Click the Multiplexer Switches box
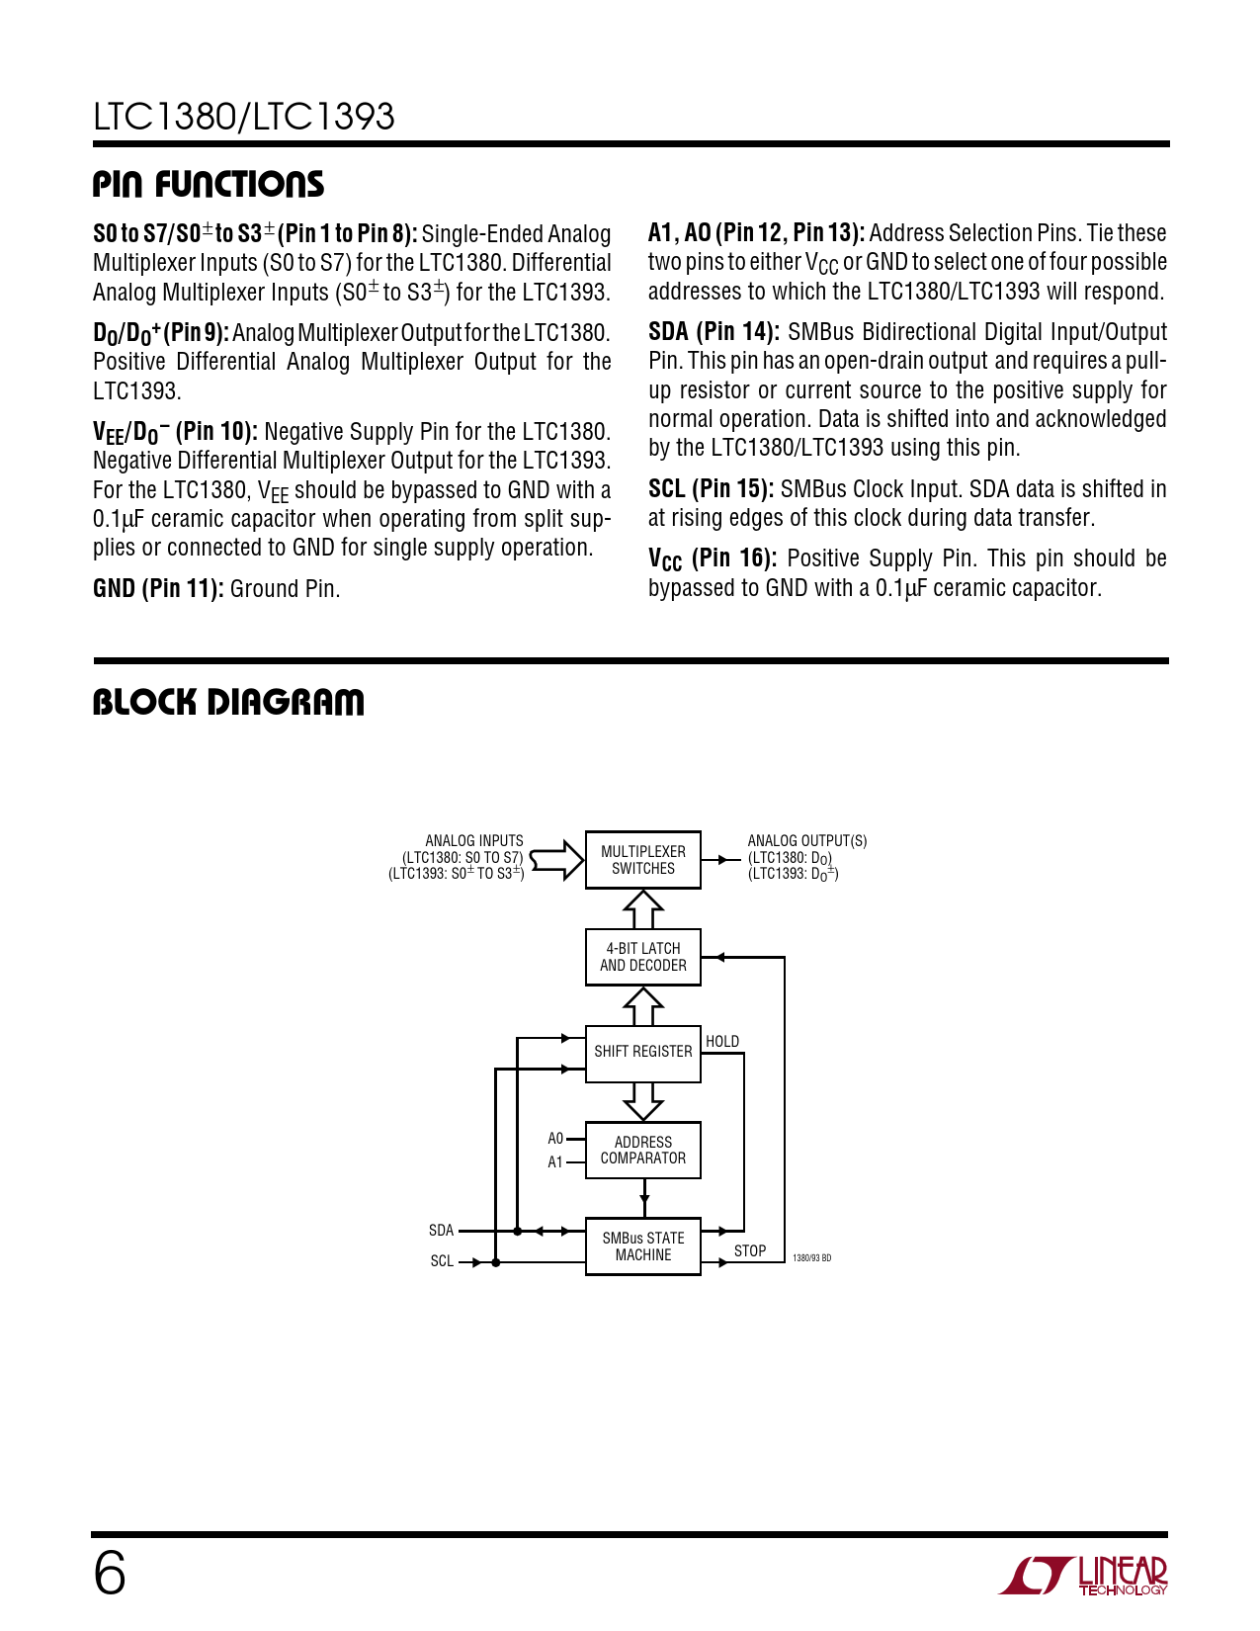[x=642, y=860]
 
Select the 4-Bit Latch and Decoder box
[x=642, y=957]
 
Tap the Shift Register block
[x=642, y=1053]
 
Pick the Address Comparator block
[x=642, y=1150]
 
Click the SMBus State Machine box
[x=642, y=1246]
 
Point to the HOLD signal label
[x=722, y=1042]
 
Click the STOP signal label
[x=750, y=1251]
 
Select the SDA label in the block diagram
[x=441, y=1231]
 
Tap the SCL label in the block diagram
[x=442, y=1261]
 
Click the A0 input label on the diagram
[x=555, y=1139]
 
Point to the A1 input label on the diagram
[x=555, y=1162]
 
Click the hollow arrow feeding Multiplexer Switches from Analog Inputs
[x=558, y=859]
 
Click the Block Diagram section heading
[x=228, y=703]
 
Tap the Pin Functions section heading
[x=209, y=185]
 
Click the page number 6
[x=110, y=1573]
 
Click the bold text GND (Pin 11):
[x=158, y=589]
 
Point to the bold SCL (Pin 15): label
[x=711, y=489]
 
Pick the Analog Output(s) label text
[x=806, y=841]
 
